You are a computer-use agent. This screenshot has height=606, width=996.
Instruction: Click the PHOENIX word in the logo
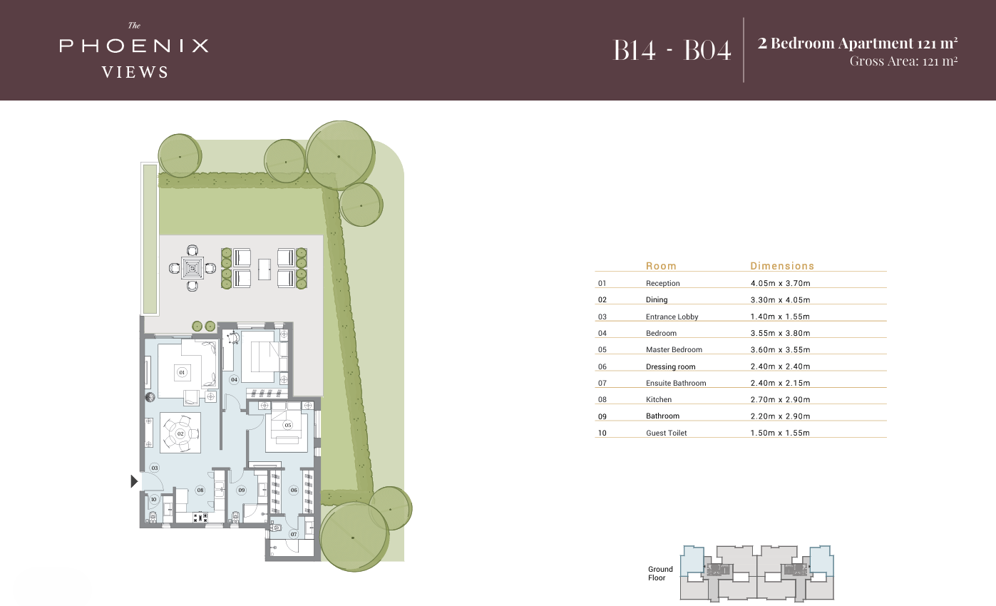134,46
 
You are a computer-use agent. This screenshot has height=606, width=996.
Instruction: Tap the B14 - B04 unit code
672,50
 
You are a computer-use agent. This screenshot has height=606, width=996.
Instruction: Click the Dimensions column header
781,266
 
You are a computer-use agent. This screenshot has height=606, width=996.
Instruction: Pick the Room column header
661,266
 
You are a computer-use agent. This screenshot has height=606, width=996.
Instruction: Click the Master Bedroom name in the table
674,349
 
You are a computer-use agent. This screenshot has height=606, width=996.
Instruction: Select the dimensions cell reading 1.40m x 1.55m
780,317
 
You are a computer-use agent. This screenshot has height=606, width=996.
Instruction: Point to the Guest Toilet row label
666,433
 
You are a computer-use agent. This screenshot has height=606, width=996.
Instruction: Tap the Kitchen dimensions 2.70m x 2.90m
780,399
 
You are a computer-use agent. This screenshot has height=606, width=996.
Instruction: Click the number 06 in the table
602,366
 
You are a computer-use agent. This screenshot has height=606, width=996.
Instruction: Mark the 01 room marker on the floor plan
182,372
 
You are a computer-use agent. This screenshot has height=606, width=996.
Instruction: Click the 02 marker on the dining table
180,433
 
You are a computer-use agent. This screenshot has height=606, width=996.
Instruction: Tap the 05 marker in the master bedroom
288,425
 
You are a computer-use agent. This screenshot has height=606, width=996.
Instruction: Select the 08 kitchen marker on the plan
201,491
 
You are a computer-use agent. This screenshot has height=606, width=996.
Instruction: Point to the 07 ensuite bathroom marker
293,534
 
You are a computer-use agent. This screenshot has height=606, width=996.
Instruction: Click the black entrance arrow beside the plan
134,482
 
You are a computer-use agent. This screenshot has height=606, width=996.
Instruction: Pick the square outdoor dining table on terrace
192,268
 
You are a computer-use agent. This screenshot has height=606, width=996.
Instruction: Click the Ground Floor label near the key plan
660,573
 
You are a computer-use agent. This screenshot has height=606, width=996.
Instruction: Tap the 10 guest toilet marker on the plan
153,499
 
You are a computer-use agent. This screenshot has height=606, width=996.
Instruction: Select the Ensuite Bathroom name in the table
676,383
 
